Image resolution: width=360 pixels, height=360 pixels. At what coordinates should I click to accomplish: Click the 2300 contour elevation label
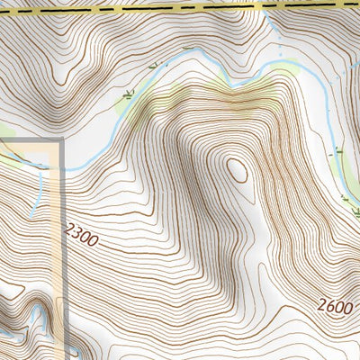[x=81, y=237]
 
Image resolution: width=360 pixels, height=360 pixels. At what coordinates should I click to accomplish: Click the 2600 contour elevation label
[x=334, y=306]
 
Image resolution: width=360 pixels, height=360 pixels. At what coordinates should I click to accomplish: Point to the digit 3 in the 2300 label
[x=77, y=235]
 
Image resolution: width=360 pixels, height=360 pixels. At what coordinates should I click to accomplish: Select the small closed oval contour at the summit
[x=238, y=169]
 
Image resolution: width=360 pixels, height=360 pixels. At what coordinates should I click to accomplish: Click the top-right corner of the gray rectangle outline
[x=61, y=141]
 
